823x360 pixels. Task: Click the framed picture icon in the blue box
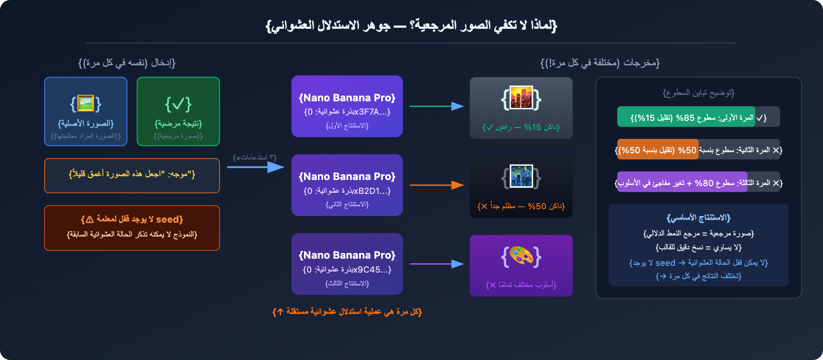click(x=85, y=103)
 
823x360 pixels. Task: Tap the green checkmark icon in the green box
click(x=178, y=104)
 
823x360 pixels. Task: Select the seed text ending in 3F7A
click(x=347, y=112)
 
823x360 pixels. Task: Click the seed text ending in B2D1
click(x=347, y=191)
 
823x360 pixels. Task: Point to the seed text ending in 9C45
click(x=347, y=269)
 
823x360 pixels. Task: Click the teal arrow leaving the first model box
click(x=436, y=106)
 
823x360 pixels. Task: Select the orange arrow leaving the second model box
click(x=436, y=185)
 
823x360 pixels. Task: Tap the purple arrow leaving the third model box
click(x=436, y=264)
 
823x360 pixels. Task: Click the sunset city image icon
click(x=521, y=99)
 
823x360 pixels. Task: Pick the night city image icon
click(x=521, y=177)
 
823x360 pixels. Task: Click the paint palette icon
click(x=521, y=256)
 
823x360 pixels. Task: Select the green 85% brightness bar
click(x=686, y=117)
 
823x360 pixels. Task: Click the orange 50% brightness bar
click(x=658, y=150)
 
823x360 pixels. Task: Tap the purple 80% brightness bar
click(x=682, y=182)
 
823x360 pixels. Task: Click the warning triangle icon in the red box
click(x=90, y=220)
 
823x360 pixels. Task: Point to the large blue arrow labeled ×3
click(x=256, y=167)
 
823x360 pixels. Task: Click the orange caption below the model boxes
click(x=347, y=312)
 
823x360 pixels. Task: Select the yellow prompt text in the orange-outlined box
click(x=132, y=174)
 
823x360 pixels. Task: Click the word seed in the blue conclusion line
click(x=665, y=263)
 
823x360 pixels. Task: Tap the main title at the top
click(x=411, y=25)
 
